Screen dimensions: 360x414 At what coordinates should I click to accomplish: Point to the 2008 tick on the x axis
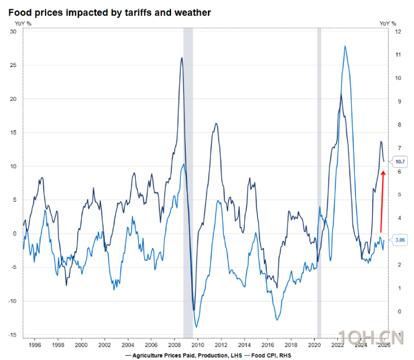point(175,346)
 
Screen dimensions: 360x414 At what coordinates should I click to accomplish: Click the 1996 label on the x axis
point(34,346)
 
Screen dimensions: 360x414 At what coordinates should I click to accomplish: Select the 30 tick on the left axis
point(12,31)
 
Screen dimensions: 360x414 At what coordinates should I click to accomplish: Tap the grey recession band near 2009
point(188,185)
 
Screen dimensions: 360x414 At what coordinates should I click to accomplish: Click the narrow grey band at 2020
point(319,185)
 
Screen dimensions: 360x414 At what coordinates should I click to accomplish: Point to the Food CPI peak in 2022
point(345,46)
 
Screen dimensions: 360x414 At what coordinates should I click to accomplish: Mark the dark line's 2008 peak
point(182,58)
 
